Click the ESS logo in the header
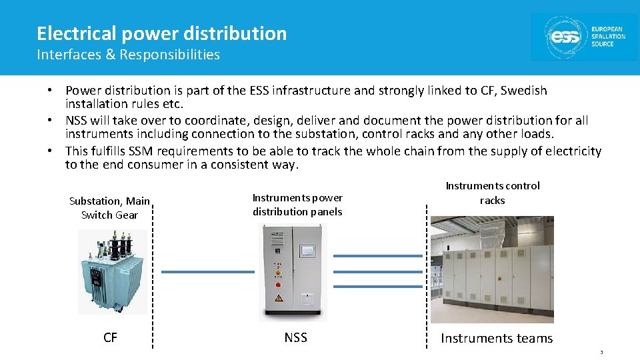click(x=585, y=37)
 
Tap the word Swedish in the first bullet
click(x=523, y=91)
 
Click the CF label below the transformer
click(x=111, y=338)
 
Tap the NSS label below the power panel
click(x=295, y=338)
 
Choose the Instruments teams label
click(x=497, y=339)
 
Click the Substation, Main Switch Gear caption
click(x=109, y=208)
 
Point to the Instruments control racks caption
click(x=493, y=193)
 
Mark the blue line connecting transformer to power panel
click(x=207, y=272)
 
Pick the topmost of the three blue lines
click(x=378, y=256)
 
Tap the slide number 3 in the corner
click(x=601, y=353)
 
